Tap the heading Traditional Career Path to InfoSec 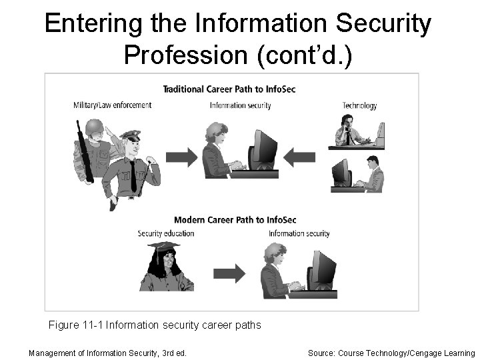[x=231, y=89]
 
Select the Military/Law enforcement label [x=113, y=105]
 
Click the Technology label [x=359, y=105]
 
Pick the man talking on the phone [x=349, y=131]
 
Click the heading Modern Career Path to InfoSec [x=235, y=220]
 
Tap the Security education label [x=166, y=233]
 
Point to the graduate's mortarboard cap [x=164, y=247]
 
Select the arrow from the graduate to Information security [x=229, y=273]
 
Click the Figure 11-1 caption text [x=155, y=325]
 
